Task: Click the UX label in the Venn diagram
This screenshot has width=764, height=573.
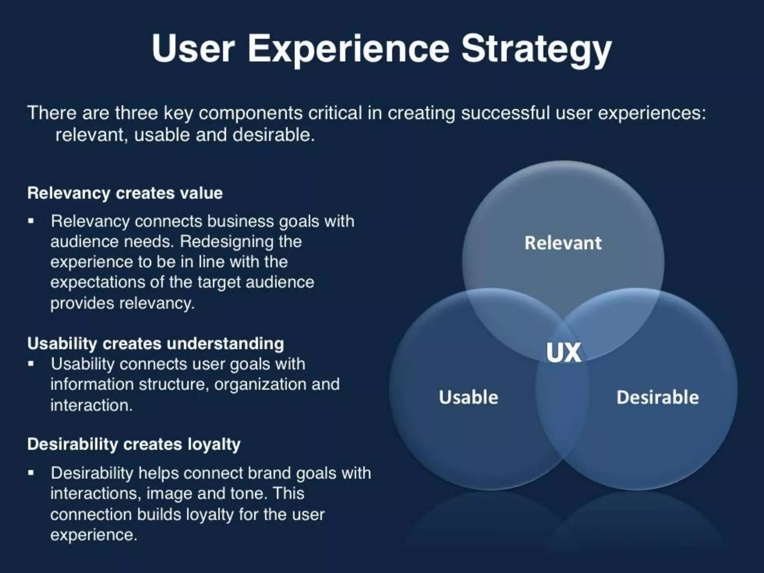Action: click(564, 353)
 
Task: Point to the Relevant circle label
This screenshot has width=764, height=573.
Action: click(563, 243)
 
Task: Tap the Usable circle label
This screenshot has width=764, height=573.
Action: click(469, 397)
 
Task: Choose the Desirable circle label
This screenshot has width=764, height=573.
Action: click(658, 397)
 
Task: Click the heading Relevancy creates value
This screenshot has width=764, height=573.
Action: click(125, 193)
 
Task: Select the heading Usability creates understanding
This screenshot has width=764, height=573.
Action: click(156, 344)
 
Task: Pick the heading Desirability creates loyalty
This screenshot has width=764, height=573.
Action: click(134, 444)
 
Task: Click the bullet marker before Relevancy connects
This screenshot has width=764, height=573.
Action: click(31, 221)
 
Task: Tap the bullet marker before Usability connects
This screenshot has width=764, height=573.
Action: click(31, 363)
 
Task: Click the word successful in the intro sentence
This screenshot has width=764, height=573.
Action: click(505, 113)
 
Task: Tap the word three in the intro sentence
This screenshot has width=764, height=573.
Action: click(137, 113)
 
